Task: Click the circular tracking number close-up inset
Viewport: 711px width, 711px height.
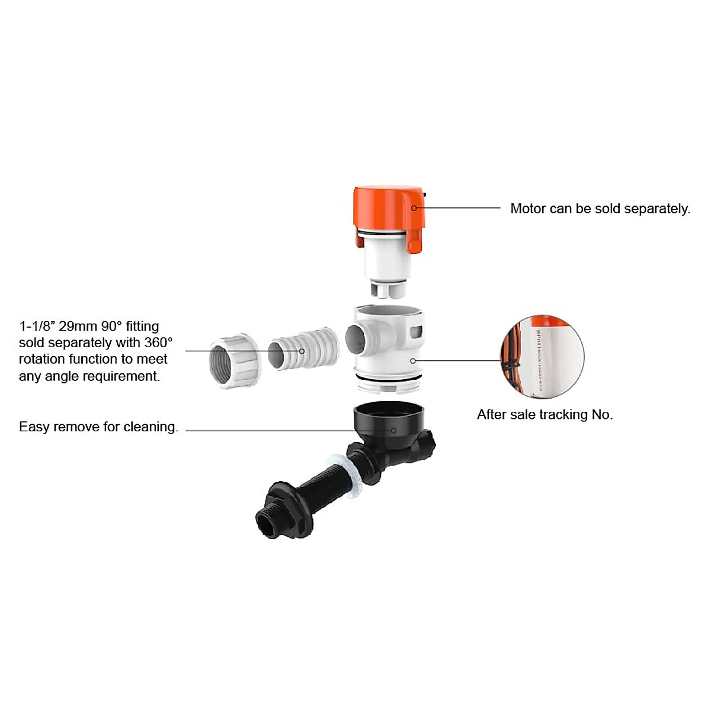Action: click(x=542, y=357)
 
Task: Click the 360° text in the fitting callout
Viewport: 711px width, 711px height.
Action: click(x=158, y=342)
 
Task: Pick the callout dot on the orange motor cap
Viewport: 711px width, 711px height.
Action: click(x=414, y=207)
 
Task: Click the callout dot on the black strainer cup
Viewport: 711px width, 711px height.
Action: click(x=393, y=430)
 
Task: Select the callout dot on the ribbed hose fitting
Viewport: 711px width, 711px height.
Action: click(x=302, y=351)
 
